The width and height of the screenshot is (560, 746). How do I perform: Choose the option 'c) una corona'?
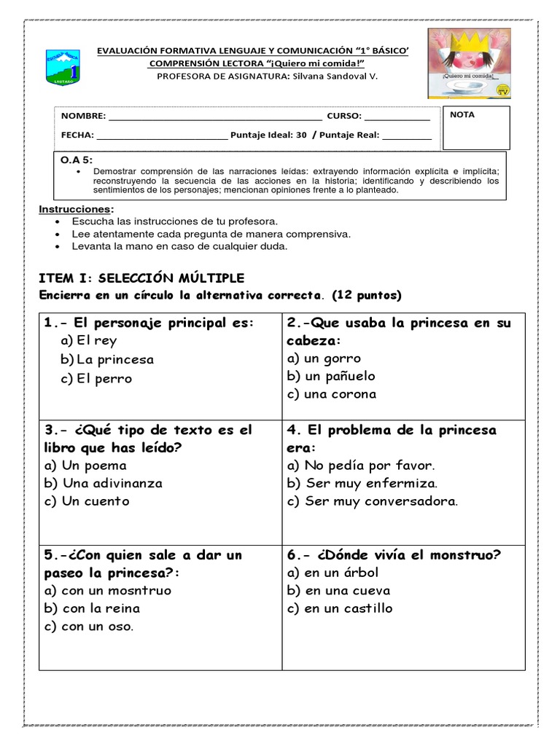(x=332, y=394)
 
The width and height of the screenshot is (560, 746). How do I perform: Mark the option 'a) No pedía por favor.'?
(x=361, y=466)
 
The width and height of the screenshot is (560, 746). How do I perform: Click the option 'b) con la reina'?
(x=92, y=608)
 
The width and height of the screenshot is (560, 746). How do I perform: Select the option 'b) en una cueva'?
(x=338, y=591)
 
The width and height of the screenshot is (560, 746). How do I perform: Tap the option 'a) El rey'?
(x=89, y=341)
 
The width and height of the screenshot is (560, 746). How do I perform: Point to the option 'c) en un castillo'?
(x=340, y=608)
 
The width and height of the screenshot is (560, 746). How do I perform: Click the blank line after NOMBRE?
(x=214, y=117)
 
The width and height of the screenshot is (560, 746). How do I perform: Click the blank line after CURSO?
(x=397, y=117)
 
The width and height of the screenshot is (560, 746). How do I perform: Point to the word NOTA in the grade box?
(x=462, y=115)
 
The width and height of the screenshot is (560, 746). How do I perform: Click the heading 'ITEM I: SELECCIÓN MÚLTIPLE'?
(x=141, y=278)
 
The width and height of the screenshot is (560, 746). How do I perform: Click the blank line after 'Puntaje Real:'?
(x=406, y=136)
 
